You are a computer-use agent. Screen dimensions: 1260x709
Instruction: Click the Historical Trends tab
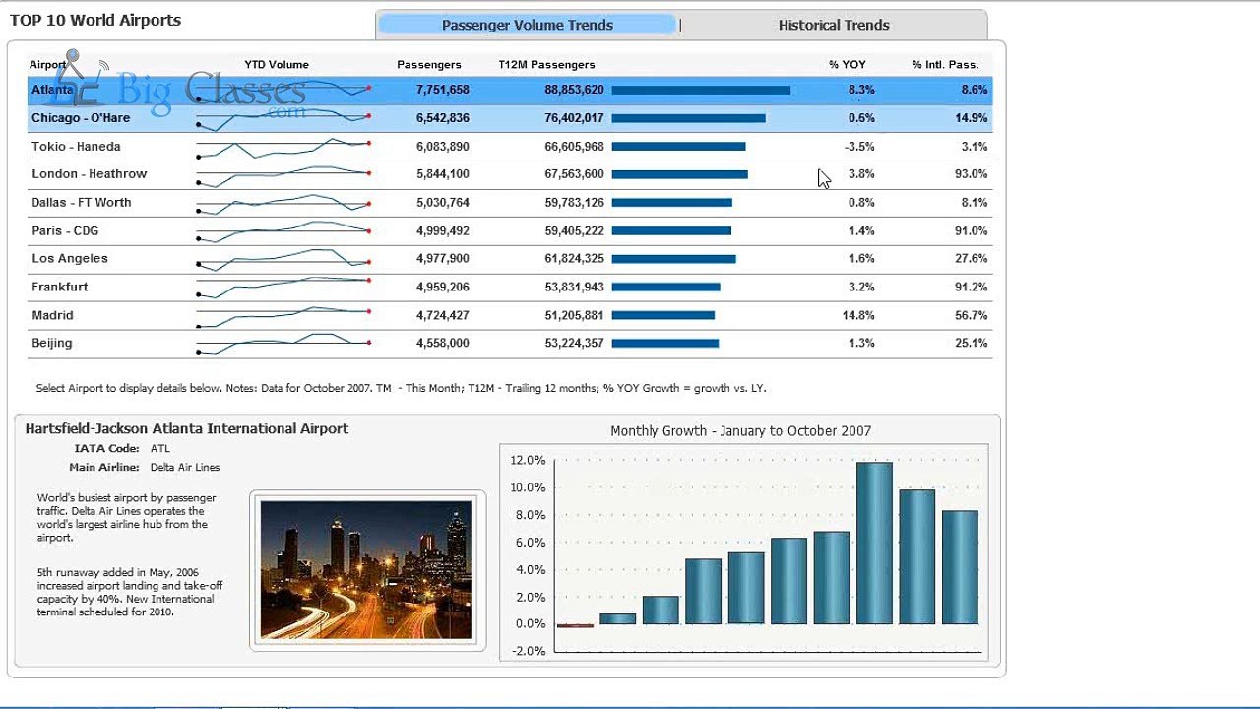point(834,25)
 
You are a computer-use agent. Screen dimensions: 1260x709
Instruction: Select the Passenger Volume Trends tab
point(527,25)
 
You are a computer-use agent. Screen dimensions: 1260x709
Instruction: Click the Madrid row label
point(52,315)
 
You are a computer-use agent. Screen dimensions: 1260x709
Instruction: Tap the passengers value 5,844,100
point(443,174)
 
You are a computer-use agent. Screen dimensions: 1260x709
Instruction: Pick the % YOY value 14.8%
point(857,315)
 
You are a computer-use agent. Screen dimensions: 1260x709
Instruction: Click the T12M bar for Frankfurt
point(666,287)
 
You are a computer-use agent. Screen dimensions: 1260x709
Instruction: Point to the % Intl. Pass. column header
point(946,65)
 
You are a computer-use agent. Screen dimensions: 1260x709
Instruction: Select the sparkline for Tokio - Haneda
point(283,148)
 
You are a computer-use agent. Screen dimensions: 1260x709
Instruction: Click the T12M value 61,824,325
point(574,258)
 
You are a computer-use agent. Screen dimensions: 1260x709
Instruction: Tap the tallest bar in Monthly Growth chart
point(874,543)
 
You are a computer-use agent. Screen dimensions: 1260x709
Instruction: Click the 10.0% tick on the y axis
point(529,487)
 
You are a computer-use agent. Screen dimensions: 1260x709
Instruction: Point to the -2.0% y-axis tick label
point(529,651)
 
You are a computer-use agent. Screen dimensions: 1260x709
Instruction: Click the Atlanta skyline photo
point(366,570)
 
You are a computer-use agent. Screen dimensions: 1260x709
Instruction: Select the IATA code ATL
point(159,448)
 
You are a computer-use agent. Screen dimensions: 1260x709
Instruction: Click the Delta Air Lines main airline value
point(184,467)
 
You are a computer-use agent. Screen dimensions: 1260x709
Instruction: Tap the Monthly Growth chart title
point(741,431)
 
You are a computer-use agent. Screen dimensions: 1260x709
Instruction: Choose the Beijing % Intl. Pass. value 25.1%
point(971,343)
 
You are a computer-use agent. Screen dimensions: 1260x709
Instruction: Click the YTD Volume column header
point(277,65)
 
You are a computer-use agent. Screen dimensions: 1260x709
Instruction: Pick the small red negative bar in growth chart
point(575,625)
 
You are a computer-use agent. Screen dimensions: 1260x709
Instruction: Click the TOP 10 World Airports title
point(95,21)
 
